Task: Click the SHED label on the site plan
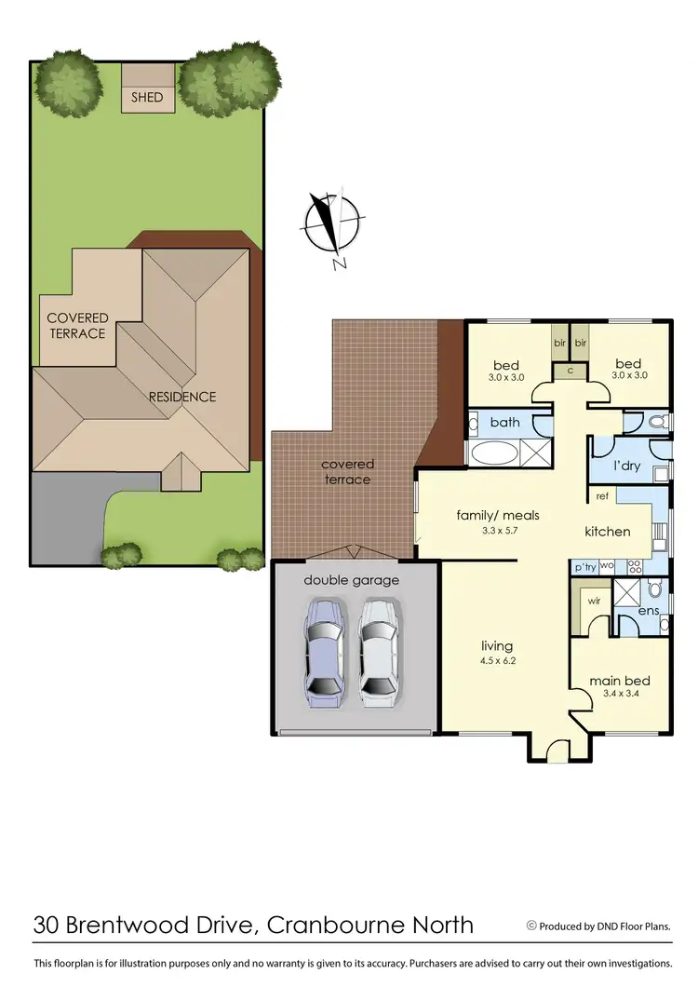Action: click(147, 97)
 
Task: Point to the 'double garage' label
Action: click(352, 580)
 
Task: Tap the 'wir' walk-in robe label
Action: click(593, 601)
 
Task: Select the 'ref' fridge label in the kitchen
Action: click(602, 496)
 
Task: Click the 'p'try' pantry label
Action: click(584, 565)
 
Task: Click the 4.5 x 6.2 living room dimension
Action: click(497, 661)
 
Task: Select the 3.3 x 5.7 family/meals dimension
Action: click(498, 530)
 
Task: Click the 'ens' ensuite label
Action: click(649, 611)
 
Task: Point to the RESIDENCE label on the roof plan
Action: click(182, 397)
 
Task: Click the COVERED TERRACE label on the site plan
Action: click(77, 326)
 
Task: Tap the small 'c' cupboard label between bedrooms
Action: click(569, 370)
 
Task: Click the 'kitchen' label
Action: click(608, 532)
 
